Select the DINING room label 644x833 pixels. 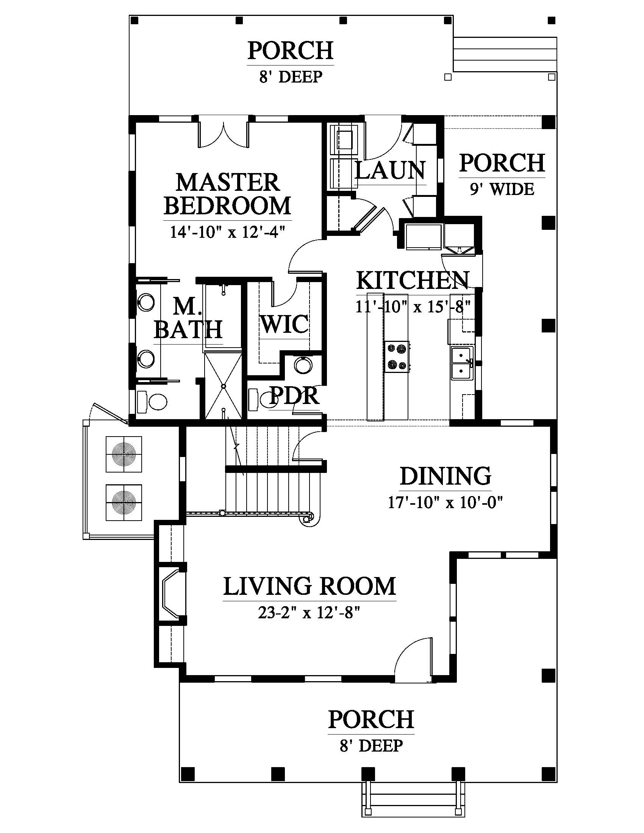coord(445,476)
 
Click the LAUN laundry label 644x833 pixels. coord(390,170)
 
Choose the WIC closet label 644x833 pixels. coord(284,324)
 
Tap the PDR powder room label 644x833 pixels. coord(294,396)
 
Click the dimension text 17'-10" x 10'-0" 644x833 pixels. coord(445,502)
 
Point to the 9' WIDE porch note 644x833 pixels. coord(502,189)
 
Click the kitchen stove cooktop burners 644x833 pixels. coord(397,357)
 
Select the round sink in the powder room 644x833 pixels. coord(303,365)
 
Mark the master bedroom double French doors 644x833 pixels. coord(224,134)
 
